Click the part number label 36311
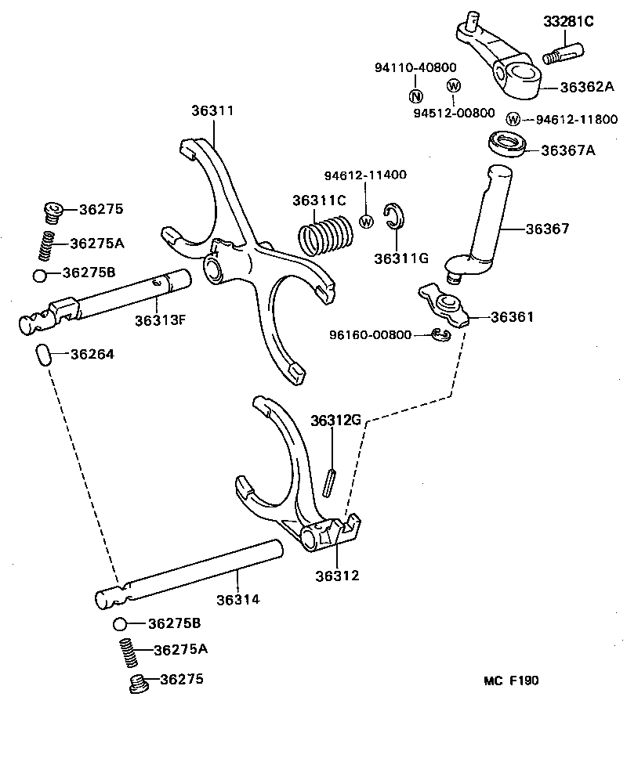tap(212, 111)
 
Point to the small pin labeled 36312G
tap(332, 478)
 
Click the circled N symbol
tap(415, 96)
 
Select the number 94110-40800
tap(415, 68)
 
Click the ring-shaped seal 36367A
tap(508, 145)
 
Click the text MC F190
tap(510, 681)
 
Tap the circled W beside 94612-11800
tap(513, 119)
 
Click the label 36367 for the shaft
tap(547, 229)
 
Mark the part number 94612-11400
tap(366, 175)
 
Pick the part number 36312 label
tap(337, 576)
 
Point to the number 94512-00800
tap(455, 113)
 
